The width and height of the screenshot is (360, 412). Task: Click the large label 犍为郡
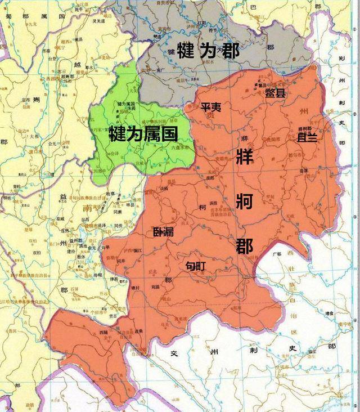208,52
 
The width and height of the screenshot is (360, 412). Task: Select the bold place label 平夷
211,107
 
